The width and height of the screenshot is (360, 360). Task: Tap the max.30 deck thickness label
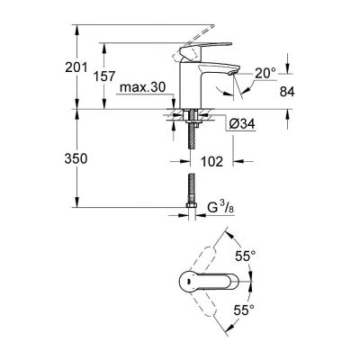click(x=145, y=86)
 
